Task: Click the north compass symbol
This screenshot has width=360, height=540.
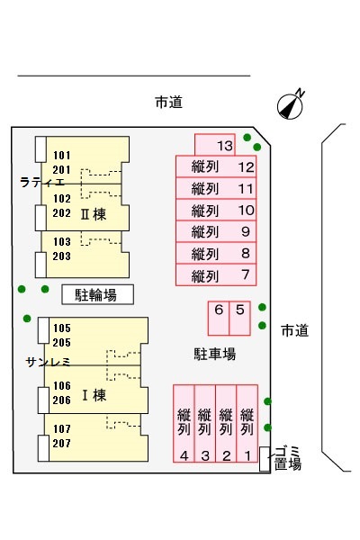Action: coord(291,105)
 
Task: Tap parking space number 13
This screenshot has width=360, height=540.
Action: coord(215,145)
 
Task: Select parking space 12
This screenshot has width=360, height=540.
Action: coord(216,166)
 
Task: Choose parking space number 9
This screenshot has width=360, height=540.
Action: coord(216,232)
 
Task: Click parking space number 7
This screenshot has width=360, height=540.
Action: coord(216,274)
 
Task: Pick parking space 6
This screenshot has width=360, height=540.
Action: coord(219,319)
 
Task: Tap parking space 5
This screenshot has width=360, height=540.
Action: coord(239,319)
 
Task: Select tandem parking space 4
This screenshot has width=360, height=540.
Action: coord(184,423)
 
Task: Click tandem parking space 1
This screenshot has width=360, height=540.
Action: coord(247,423)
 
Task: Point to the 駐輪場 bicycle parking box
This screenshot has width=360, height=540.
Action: coord(97,295)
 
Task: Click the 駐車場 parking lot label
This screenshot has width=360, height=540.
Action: coord(215,354)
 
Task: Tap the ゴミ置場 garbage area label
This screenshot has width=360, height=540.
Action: coord(288,458)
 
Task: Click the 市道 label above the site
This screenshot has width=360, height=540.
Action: coord(168,103)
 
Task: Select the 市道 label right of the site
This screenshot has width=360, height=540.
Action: coord(294,330)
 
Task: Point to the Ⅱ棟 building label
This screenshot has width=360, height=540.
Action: coord(93,214)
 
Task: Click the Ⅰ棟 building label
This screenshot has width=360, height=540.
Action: coord(94,395)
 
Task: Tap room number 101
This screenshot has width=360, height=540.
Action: coord(62,156)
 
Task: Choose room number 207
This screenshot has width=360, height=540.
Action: coord(62,443)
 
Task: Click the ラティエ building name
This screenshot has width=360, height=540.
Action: coord(42,182)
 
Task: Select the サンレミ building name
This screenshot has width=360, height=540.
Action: coord(49,362)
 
